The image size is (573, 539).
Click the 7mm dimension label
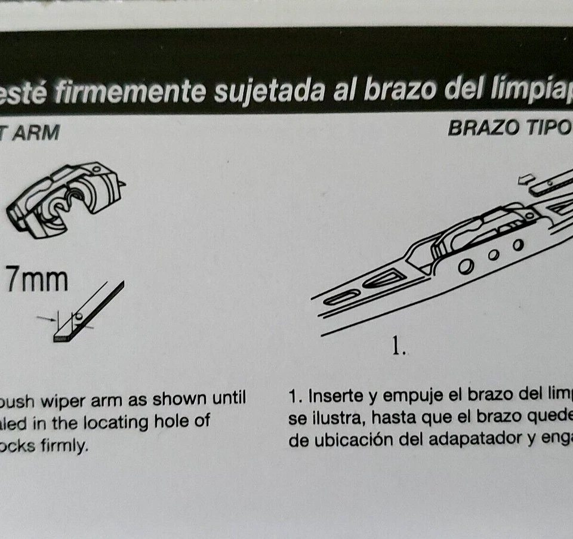coord(36,280)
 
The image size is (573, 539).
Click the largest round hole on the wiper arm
coord(466,267)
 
